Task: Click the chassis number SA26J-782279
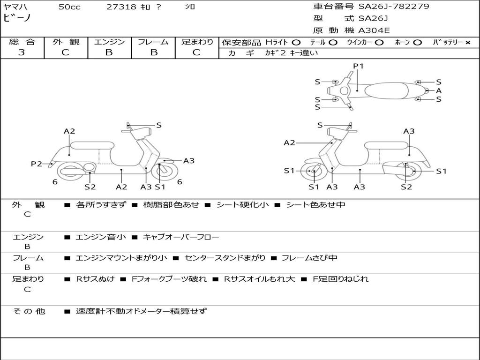pyautogui.click(x=394, y=7)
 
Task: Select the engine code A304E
pyautogui.click(x=374, y=31)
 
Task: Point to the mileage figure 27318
pyautogui.click(x=122, y=7)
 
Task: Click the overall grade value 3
pyautogui.click(x=22, y=52)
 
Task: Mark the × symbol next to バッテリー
pyautogui.click(x=467, y=42)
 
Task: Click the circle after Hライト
pyautogui.click(x=296, y=42)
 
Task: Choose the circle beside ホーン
pyautogui.click(x=418, y=42)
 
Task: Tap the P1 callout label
pyautogui.click(x=358, y=66)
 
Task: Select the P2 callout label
pyautogui.click(x=36, y=164)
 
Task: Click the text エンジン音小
pyautogui.click(x=101, y=237)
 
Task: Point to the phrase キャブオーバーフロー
pyautogui.click(x=180, y=237)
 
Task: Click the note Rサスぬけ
pyautogui.click(x=96, y=279)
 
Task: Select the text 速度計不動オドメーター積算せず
pyautogui.click(x=141, y=311)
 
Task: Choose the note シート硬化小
pyautogui.click(x=242, y=205)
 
